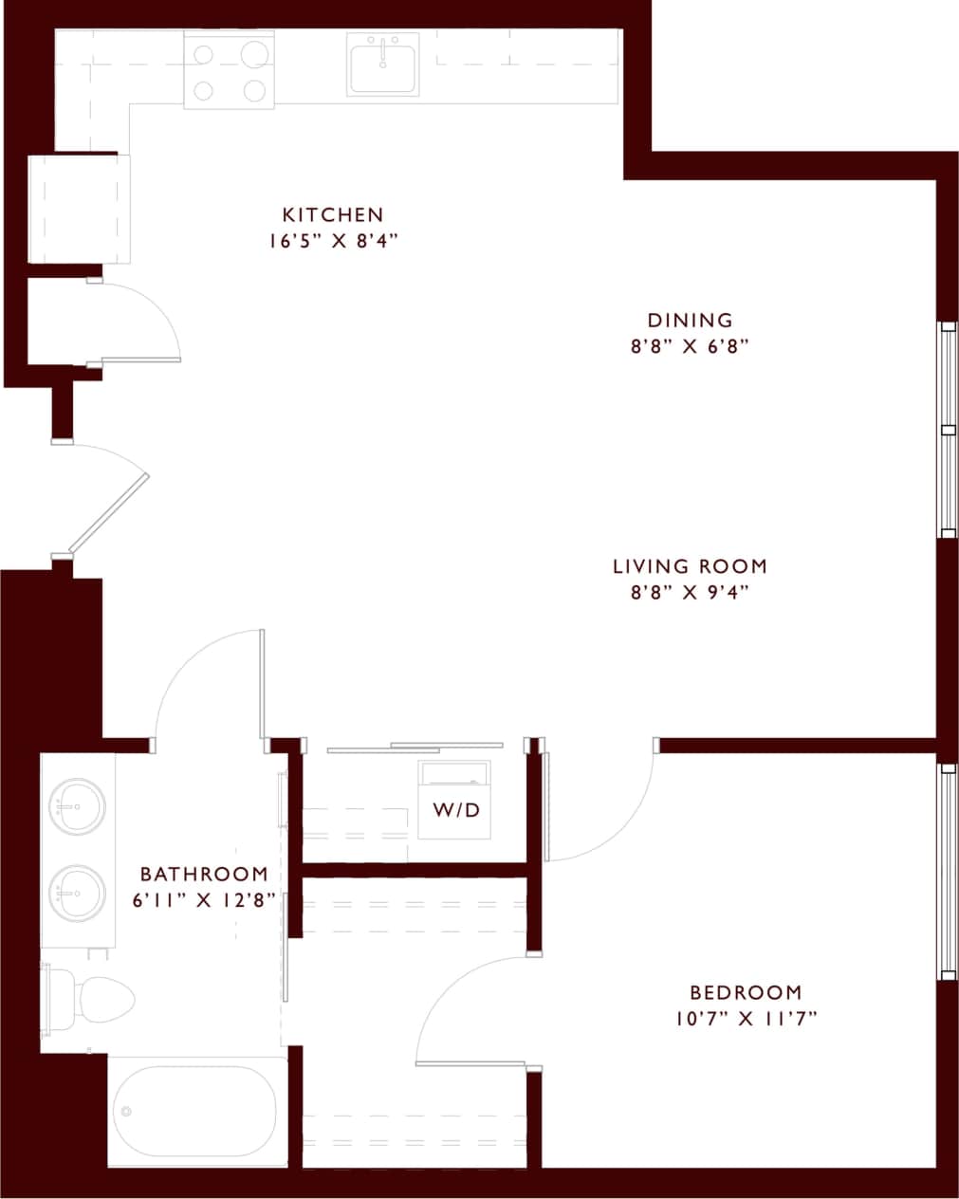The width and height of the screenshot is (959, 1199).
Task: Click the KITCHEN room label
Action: [x=333, y=214]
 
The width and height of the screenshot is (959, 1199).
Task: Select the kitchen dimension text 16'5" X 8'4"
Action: [x=332, y=241]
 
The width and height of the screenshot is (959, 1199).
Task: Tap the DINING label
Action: [x=690, y=321]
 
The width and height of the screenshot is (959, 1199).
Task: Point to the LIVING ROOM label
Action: [x=690, y=566]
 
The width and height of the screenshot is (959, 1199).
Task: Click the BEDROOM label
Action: [x=746, y=992]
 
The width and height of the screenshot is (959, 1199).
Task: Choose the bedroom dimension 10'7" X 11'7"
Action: [x=746, y=1019]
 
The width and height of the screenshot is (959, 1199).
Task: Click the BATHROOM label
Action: [x=204, y=874]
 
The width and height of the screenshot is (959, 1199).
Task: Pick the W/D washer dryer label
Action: [x=456, y=810]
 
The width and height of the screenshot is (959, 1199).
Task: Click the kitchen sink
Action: [x=383, y=64]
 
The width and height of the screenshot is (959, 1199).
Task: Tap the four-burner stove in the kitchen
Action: [x=229, y=71]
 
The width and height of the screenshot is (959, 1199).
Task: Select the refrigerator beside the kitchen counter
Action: [x=79, y=210]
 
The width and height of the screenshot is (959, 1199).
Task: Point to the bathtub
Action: [x=196, y=1112]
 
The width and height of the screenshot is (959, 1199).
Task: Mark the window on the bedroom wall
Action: [x=947, y=871]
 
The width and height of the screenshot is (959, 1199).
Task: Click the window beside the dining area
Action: [x=947, y=430]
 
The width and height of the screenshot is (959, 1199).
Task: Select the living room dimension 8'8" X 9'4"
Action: [x=690, y=593]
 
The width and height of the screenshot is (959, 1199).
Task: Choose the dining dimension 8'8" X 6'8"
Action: [x=690, y=347]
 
